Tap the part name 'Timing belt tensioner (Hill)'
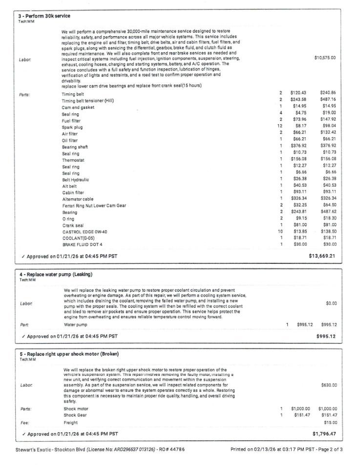pyautogui.click(x=87, y=101)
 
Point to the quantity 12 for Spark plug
pyautogui.click(x=280, y=127)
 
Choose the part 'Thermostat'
pyautogui.click(x=73, y=160)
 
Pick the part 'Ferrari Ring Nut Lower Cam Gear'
pyautogui.click(x=94, y=206)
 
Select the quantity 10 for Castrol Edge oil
pyautogui.click(x=280, y=232)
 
